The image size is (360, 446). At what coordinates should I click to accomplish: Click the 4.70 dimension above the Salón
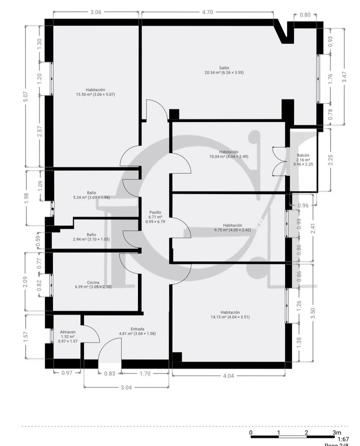[x=207, y=12]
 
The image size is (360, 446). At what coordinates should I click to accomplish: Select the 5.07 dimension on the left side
[x=26, y=97]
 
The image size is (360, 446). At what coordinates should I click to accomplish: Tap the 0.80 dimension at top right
[x=305, y=15]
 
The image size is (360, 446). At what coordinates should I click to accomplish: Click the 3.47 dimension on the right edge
[x=344, y=77]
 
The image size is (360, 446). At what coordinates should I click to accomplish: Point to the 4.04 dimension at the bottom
[x=228, y=376]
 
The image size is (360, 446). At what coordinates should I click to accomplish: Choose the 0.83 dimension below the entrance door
[x=109, y=373]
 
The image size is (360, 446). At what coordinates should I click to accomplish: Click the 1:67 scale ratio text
[x=343, y=439]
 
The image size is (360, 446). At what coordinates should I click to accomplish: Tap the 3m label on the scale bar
[x=337, y=433]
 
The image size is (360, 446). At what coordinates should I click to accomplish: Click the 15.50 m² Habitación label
[x=95, y=92]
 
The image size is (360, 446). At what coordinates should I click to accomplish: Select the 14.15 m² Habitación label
[x=230, y=315]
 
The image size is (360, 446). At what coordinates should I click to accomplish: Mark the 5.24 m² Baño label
[x=92, y=195]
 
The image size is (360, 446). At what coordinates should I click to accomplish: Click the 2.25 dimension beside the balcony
[x=330, y=160]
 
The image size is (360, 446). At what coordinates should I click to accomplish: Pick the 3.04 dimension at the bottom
[x=126, y=387]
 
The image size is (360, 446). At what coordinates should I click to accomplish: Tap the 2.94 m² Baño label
[x=91, y=237]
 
